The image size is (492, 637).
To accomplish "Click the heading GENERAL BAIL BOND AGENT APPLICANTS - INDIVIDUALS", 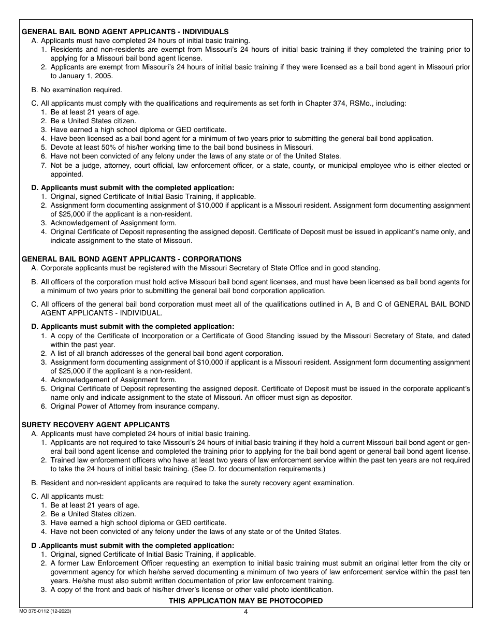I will coord(125,32).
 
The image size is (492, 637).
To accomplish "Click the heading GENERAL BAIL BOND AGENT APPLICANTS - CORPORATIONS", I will coord(131,259).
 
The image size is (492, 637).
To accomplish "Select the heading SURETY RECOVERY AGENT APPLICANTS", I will coord(95,425).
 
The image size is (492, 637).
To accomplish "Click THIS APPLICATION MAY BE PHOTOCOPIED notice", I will coord(245,601).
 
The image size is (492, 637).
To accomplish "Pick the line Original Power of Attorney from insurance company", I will coord(135,406).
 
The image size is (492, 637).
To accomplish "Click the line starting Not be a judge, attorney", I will coord(259,165).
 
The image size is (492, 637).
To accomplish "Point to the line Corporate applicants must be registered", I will coord(206,268).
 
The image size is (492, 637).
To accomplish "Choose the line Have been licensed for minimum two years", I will coord(241,138).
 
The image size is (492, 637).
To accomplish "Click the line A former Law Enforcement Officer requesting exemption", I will coord(259,563).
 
